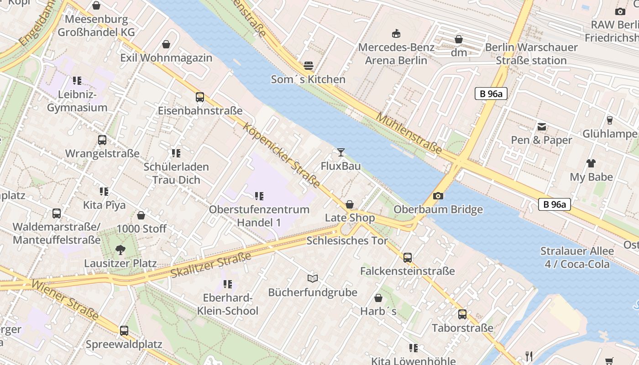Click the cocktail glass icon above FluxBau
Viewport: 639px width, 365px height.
point(340,152)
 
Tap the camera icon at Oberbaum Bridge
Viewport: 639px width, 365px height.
point(438,196)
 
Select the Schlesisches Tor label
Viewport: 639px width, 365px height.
point(347,240)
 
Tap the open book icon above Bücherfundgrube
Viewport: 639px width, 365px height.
point(312,278)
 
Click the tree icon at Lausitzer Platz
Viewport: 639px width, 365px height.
point(120,250)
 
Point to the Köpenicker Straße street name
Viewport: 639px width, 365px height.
point(282,155)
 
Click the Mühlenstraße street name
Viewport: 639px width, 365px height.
point(409,133)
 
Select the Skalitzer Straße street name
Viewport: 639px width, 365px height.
point(211,265)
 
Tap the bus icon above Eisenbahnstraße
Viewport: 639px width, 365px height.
point(200,97)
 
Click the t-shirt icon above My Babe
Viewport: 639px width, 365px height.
point(591,163)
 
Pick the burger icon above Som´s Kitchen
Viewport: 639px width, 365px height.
point(309,66)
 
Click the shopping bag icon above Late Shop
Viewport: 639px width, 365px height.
point(350,204)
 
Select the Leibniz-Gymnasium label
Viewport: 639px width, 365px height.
point(77,101)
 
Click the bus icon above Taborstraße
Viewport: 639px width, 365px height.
point(462,314)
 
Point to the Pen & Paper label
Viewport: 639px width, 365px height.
point(541,140)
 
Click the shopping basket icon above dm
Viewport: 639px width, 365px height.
point(459,40)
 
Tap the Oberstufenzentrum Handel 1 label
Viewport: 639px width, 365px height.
point(259,216)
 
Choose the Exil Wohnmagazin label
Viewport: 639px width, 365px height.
point(166,58)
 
